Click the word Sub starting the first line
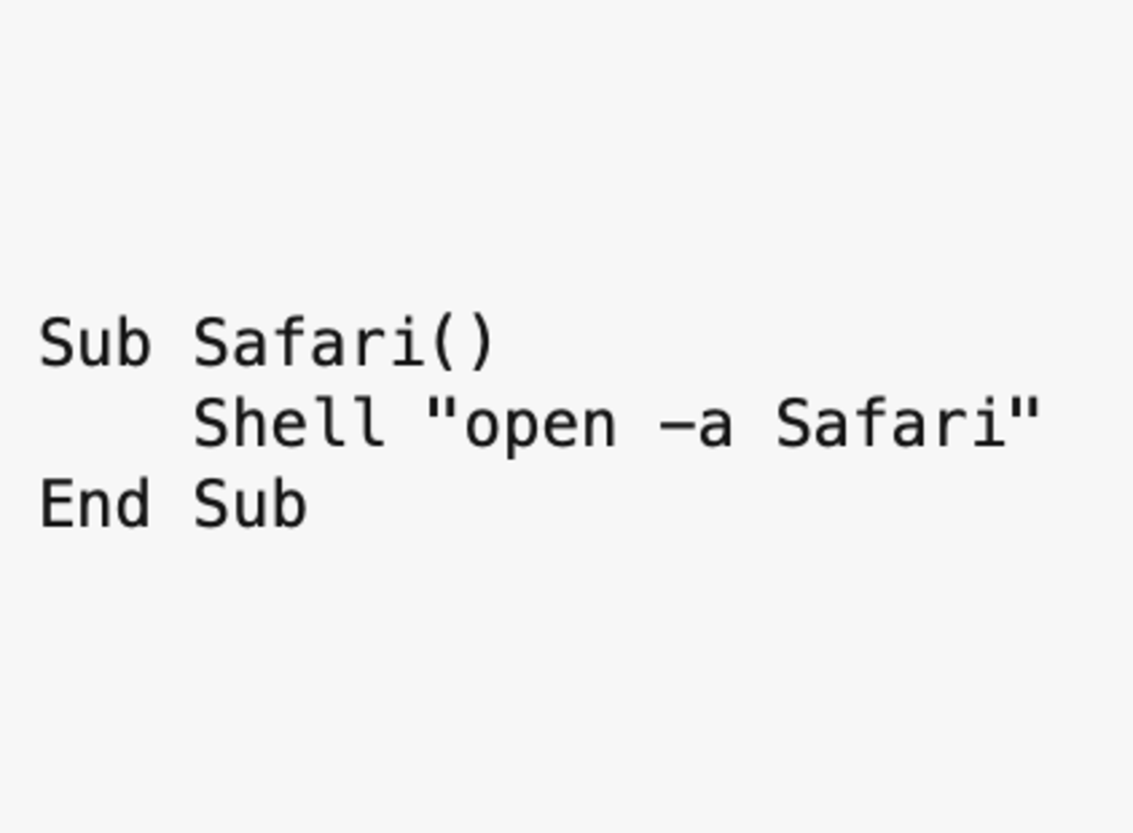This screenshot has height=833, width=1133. click(x=95, y=342)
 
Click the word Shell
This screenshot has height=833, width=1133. click(x=289, y=422)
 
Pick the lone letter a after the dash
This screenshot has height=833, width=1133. click(x=716, y=429)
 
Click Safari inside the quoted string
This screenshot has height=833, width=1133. click(x=890, y=422)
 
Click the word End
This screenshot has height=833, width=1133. click(x=94, y=502)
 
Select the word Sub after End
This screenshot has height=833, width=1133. click(x=251, y=502)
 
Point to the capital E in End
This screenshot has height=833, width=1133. click(x=57, y=503)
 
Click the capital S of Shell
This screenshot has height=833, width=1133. click(x=211, y=422)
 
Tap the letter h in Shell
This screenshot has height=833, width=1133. click(x=251, y=422)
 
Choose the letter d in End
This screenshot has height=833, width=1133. click(x=133, y=502)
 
